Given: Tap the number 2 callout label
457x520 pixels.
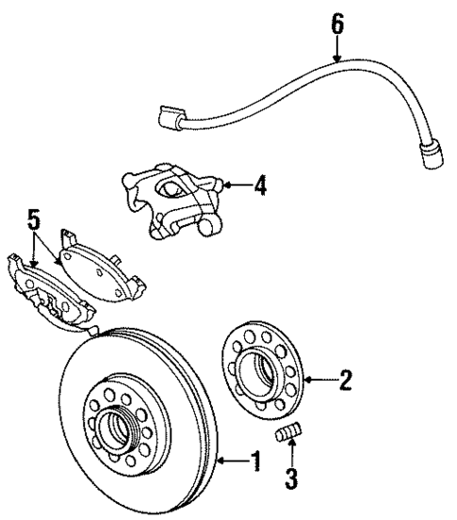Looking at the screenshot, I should [x=345, y=382].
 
